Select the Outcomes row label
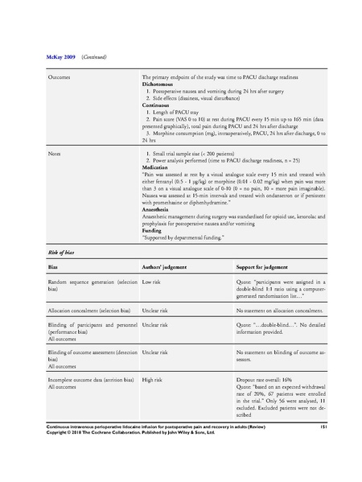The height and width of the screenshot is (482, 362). pos(60,78)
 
